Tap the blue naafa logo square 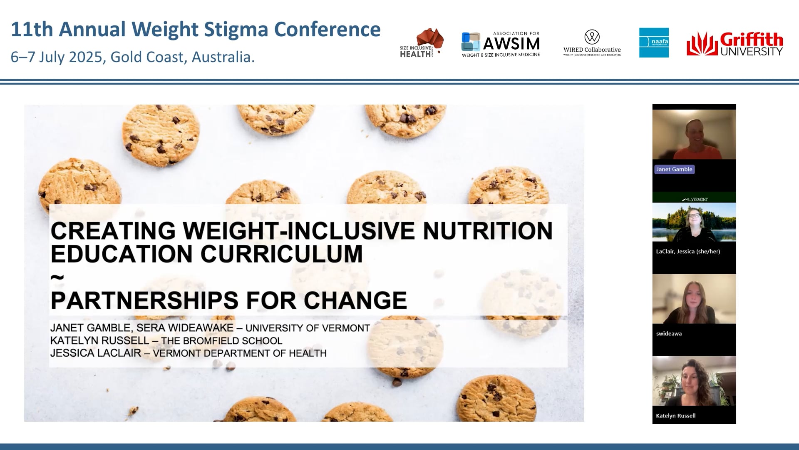point(654,42)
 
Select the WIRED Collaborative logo point(592,43)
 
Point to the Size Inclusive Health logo point(421,43)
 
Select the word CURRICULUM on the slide point(282,254)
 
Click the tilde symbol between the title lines point(57,276)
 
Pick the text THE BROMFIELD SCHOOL point(221,341)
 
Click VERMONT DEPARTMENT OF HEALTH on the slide point(239,353)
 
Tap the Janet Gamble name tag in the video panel point(674,169)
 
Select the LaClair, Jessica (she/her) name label point(688,251)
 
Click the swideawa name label point(669,333)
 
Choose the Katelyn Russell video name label point(675,415)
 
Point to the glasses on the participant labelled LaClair point(694,216)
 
